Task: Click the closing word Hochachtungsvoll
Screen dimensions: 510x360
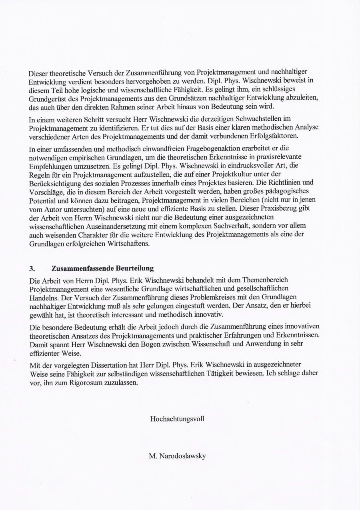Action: [177, 419]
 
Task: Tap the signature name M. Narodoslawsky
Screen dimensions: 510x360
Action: [177, 456]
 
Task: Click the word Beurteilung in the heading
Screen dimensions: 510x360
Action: [135, 268]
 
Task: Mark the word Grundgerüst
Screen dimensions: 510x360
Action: [47, 98]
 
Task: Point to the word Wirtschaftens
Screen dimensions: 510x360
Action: [128, 244]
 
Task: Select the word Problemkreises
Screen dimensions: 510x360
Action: [204, 297]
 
